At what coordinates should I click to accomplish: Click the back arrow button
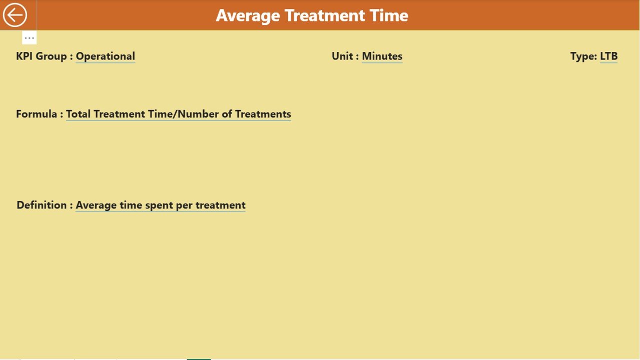pyautogui.click(x=15, y=15)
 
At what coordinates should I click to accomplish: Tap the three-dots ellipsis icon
pyautogui.click(x=29, y=38)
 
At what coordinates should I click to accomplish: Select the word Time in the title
pyautogui.click(x=389, y=15)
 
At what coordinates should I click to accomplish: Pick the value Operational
pyautogui.click(x=105, y=56)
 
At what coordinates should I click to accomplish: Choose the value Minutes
pyautogui.click(x=382, y=56)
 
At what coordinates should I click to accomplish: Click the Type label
pyautogui.click(x=583, y=56)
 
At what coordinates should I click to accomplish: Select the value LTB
pyautogui.click(x=608, y=56)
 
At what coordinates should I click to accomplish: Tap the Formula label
pyautogui.click(x=37, y=114)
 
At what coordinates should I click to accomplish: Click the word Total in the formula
pyautogui.click(x=79, y=114)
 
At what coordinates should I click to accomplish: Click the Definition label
pyautogui.click(x=42, y=205)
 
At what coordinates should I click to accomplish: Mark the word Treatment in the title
pyautogui.click(x=326, y=15)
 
